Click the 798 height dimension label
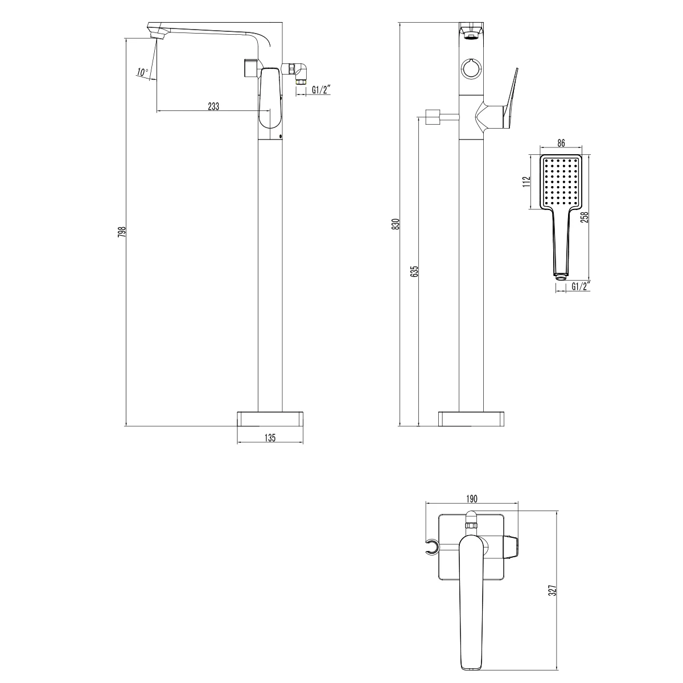pos(121,232)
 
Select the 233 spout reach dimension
pos(213,106)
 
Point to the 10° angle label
pos(142,72)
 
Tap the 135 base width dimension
pos(270,437)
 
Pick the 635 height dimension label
pos(414,271)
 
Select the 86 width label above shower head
pos(561,144)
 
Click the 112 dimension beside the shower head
pos(526,181)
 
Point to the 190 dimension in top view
pos(472,499)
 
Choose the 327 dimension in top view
pos(552,590)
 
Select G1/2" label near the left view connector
pos(322,89)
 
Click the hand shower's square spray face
pos(561,182)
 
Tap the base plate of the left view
pos(270,418)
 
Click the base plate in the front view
pos(471,418)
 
